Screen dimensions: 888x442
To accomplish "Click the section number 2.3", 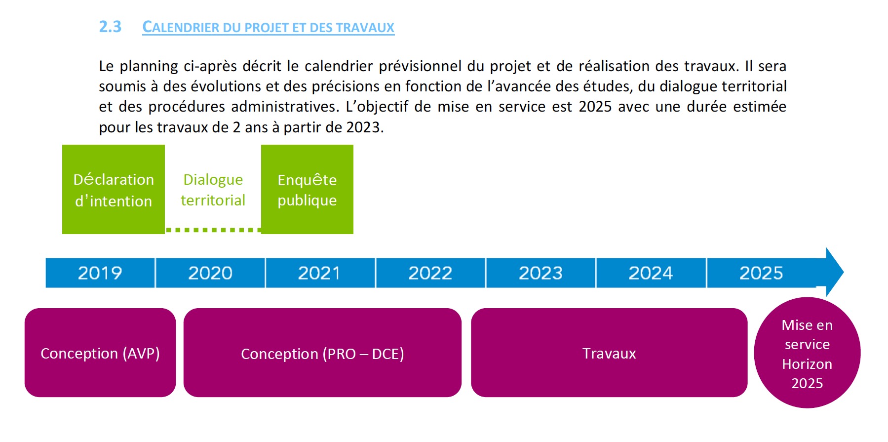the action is click(110, 27).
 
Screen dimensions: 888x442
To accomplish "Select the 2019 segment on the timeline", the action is click(100, 273).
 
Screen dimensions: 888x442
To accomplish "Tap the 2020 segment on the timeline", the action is click(210, 273).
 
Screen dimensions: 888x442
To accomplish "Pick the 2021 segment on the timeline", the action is click(320, 273).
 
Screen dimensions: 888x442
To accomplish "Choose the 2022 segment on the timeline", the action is click(430, 273).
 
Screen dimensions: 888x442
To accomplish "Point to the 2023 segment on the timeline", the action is click(541, 273).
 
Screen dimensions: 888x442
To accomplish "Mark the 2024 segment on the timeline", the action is click(651, 273).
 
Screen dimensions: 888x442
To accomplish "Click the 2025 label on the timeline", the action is click(761, 273).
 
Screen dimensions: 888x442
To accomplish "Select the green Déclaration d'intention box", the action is click(114, 189).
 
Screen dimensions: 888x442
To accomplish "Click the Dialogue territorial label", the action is click(213, 190).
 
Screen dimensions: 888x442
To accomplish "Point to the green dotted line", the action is click(213, 230).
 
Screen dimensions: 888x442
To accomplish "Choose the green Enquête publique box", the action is click(307, 189).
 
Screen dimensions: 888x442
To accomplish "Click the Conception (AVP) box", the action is click(100, 353).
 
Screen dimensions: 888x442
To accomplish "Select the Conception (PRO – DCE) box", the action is click(322, 353).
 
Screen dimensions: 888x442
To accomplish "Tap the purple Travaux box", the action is click(609, 353).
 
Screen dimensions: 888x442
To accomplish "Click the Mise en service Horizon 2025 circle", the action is click(807, 353).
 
